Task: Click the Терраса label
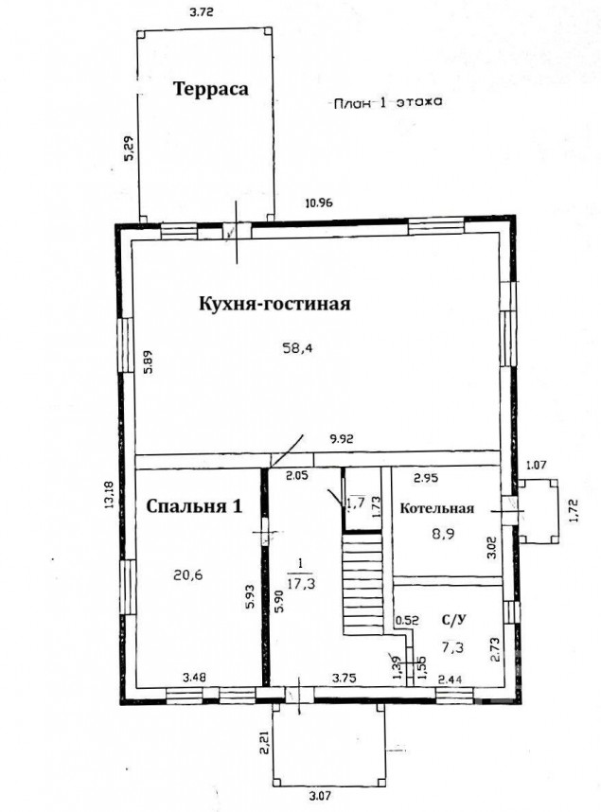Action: point(210,89)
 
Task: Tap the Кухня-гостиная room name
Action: point(274,304)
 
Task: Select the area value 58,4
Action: point(297,348)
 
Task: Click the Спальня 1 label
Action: point(194,506)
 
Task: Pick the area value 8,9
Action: point(444,534)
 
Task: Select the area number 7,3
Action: point(452,646)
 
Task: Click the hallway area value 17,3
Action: point(301,584)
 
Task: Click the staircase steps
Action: point(362,584)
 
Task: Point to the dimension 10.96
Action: point(319,203)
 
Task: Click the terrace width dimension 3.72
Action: point(202,12)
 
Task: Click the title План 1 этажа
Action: point(387,102)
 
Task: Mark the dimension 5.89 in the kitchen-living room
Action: point(150,362)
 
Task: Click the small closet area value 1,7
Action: point(356,502)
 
